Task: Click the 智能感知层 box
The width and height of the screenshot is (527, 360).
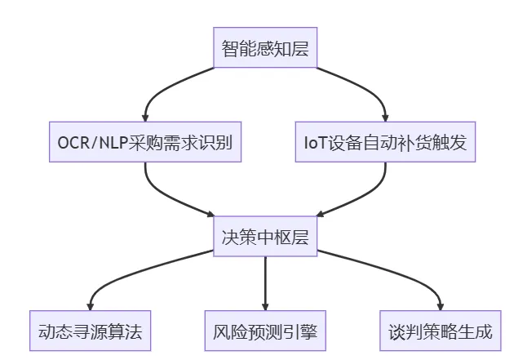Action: click(265, 48)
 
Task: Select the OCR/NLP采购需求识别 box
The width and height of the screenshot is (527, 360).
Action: click(145, 142)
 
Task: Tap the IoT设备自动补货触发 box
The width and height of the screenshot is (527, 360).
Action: click(384, 142)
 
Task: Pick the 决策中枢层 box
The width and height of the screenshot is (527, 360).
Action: click(265, 237)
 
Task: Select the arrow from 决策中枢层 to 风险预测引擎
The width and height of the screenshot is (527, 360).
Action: click(265, 282)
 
